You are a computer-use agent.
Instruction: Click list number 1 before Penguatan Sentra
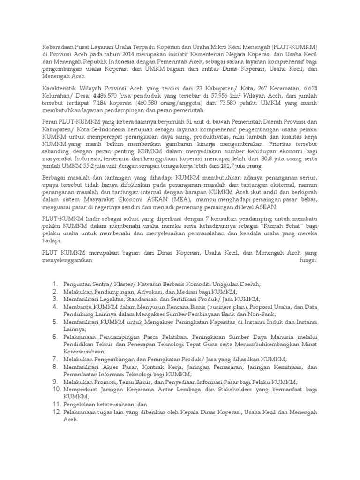(54, 284)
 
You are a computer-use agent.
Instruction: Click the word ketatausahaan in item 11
(111, 404)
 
